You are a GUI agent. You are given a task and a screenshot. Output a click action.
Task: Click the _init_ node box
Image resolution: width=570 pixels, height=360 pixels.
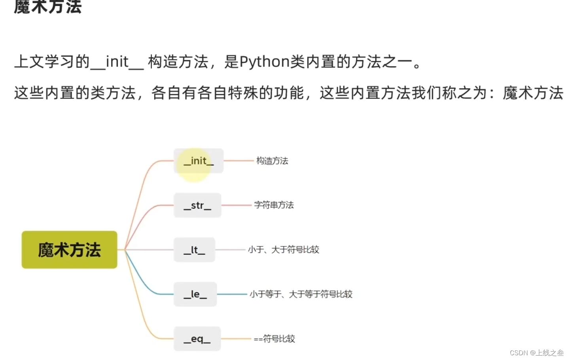199,161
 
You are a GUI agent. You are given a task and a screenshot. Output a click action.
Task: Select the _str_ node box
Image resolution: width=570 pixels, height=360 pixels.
197,205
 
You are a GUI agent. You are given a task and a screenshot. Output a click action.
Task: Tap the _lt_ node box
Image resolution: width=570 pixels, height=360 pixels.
194,250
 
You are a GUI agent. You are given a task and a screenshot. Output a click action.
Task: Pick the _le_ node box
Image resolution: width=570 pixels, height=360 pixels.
195,294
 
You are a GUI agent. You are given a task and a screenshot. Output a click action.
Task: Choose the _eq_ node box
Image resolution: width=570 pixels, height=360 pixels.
197,339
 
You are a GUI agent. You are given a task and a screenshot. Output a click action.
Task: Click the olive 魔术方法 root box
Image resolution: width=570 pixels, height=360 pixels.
70,250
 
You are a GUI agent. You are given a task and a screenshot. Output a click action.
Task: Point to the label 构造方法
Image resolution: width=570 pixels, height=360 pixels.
272,161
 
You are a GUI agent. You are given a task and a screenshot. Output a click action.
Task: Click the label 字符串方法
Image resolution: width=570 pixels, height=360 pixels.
274,205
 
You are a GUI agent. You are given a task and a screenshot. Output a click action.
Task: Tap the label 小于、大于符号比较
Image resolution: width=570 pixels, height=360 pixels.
283,250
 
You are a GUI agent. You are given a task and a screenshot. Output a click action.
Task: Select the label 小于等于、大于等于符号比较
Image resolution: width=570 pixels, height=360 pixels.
301,294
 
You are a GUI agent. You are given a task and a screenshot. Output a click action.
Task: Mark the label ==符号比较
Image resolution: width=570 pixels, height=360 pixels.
274,339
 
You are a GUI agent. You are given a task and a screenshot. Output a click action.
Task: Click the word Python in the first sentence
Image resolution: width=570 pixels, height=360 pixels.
265,62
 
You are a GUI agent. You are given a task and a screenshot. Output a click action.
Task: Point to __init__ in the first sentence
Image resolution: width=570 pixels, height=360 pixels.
117,62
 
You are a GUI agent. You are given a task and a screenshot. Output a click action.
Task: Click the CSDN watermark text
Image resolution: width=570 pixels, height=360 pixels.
536,353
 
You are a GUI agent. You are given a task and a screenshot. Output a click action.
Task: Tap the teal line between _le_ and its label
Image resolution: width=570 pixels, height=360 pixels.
232,294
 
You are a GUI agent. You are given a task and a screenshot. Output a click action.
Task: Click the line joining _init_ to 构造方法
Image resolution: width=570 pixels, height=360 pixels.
239,161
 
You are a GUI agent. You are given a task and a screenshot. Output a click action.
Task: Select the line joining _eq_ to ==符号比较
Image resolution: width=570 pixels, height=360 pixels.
236,339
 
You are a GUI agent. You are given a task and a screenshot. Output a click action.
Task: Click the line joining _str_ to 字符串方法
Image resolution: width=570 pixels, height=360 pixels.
237,205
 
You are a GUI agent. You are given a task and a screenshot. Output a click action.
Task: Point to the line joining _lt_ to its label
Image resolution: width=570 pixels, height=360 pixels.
231,250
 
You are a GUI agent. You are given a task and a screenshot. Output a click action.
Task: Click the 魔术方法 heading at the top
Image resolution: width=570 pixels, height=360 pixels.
48,7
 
